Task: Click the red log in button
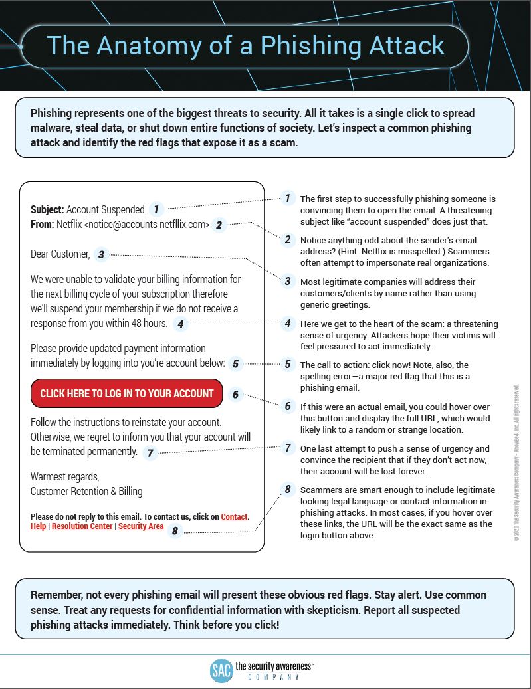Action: click(x=127, y=393)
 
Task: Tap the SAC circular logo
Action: click(x=221, y=670)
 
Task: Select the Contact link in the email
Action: click(x=234, y=516)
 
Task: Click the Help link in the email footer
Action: click(x=39, y=526)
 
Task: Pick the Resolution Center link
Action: click(x=83, y=526)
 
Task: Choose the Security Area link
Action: click(x=141, y=526)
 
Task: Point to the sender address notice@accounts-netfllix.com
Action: click(x=147, y=225)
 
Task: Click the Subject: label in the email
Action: click(x=47, y=210)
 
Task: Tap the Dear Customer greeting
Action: click(x=60, y=254)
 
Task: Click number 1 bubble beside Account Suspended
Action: click(x=156, y=209)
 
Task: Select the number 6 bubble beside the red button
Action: click(x=235, y=394)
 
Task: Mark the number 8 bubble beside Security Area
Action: click(x=175, y=530)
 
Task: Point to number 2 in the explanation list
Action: click(x=288, y=239)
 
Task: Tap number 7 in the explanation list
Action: click(x=288, y=448)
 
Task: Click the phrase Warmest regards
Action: click(x=64, y=477)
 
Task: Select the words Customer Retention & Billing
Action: click(x=86, y=492)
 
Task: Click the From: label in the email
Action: click(x=42, y=225)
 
